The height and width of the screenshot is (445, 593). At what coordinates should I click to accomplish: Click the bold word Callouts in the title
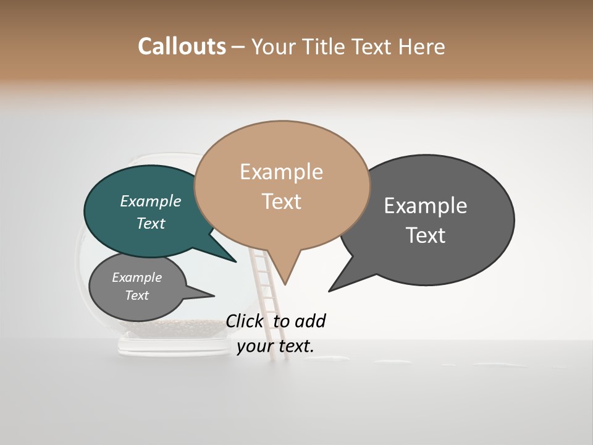tap(182, 46)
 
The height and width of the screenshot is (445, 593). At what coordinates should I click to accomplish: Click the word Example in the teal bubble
tap(151, 201)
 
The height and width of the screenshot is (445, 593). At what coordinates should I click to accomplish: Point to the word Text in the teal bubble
tap(151, 223)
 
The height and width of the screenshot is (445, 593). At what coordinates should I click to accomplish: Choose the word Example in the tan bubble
tap(281, 172)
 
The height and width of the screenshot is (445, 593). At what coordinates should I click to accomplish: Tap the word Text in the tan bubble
tap(281, 201)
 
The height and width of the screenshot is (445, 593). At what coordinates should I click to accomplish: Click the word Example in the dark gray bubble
tap(426, 205)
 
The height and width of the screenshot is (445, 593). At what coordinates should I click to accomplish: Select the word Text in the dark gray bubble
tap(426, 235)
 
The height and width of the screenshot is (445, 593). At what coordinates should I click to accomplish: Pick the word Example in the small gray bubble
tap(137, 278)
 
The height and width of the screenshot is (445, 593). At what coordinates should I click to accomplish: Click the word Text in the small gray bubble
tap(137, 295)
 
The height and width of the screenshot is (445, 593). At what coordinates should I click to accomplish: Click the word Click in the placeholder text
tap(245, 321)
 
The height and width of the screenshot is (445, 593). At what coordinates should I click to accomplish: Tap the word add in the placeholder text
tap(310, 321)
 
